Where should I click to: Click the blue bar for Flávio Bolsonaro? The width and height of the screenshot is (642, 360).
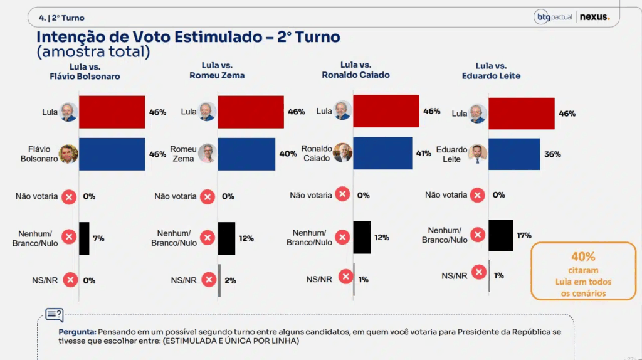[112, 154]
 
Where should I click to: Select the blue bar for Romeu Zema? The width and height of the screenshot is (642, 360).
[246, 154]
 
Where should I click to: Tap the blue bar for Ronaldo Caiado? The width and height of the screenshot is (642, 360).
[382, 153]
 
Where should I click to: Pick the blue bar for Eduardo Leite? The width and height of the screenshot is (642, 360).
[514, 154]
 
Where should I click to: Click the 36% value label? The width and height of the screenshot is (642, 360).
[552, 154]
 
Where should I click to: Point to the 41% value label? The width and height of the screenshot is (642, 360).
[423, 153]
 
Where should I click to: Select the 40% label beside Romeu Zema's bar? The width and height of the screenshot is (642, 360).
[288, 154]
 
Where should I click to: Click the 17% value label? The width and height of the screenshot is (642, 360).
[524, 235]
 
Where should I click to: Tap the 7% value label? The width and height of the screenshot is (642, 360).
[98, 238]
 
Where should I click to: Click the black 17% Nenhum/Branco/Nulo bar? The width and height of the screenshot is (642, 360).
[501, 235]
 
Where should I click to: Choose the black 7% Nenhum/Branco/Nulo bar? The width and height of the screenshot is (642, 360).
[84, 238]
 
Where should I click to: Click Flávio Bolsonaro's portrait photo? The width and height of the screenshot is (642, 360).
[68, 154]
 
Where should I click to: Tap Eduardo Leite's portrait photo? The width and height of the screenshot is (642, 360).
[477, 154]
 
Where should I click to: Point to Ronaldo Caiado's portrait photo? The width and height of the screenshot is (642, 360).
[342, 152]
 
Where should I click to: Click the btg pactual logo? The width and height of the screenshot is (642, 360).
[553, 17]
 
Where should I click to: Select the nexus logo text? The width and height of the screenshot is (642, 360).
[594, 17]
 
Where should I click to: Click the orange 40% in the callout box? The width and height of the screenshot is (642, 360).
[583, 257]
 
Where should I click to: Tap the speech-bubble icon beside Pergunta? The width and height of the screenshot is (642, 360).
[55, 315]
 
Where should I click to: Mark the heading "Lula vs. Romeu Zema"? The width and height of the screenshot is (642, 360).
[217, 70]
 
